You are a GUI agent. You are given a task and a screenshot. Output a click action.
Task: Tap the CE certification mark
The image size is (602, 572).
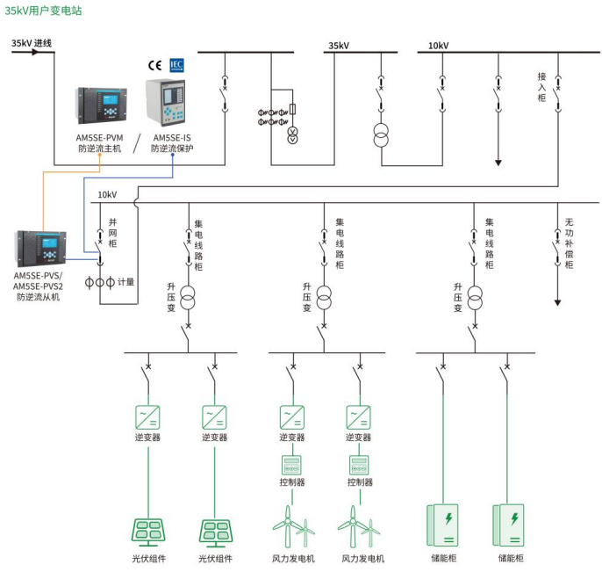coord(154,65)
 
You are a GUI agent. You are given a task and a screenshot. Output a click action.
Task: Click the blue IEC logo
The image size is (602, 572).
coord(176,64)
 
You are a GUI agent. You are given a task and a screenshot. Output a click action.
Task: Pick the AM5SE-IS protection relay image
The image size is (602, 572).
coord(170,103)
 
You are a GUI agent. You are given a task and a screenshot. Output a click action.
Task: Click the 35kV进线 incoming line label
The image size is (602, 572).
coord(32,43)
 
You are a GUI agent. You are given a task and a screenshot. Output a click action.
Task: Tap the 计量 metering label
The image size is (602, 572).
coord(125,282)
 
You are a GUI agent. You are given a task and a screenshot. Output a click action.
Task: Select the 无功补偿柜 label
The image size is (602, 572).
coord(569,243)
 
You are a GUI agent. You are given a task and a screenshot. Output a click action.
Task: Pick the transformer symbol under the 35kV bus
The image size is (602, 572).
coord(381,137)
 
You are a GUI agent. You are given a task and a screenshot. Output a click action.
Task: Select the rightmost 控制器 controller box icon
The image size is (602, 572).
coord(358,465)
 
